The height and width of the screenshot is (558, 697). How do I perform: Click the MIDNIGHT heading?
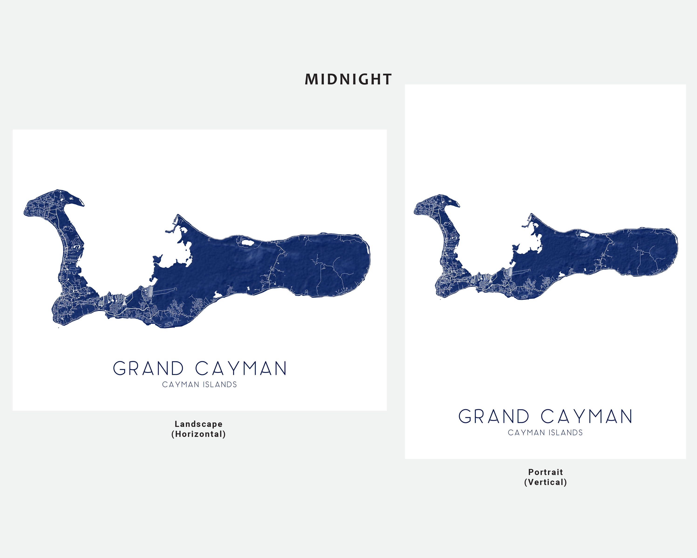tap(348, 79)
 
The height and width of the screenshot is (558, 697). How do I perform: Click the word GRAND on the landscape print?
tap(148, 369)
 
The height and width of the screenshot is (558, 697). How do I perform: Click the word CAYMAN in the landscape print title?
tap(241, 369)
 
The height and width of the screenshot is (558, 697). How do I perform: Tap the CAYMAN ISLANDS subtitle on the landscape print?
tap(200, 385)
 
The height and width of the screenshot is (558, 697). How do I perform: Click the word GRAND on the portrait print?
tap(494, 417)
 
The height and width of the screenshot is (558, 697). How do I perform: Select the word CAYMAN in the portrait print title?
tap(586, 417)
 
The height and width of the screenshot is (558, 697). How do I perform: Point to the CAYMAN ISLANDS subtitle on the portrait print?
tap(545, 433)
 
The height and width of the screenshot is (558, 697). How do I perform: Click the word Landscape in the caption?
tap(198, 424)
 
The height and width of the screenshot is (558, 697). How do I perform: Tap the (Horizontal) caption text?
tap(198, 434)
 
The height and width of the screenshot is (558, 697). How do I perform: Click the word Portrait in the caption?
tap(545, 472)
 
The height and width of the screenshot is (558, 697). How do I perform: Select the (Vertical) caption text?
tap(545, 482)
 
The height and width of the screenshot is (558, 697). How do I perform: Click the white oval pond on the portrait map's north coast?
tap(584, 235)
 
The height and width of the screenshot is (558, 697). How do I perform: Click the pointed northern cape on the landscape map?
tap(178, 216)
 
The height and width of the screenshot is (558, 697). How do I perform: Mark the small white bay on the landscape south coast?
tap(218, 294)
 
